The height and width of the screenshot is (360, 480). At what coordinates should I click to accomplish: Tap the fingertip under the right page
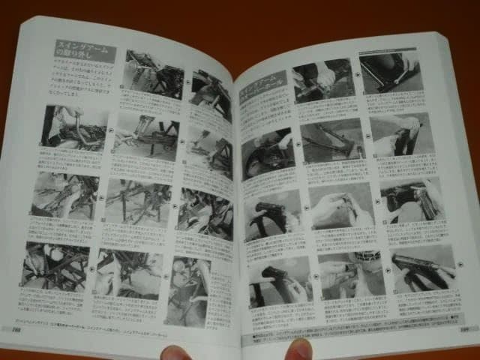coord(299,349)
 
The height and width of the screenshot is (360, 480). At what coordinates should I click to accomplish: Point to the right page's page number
coord(464,327)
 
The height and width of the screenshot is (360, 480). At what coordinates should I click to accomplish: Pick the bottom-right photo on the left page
coord(187,290)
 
